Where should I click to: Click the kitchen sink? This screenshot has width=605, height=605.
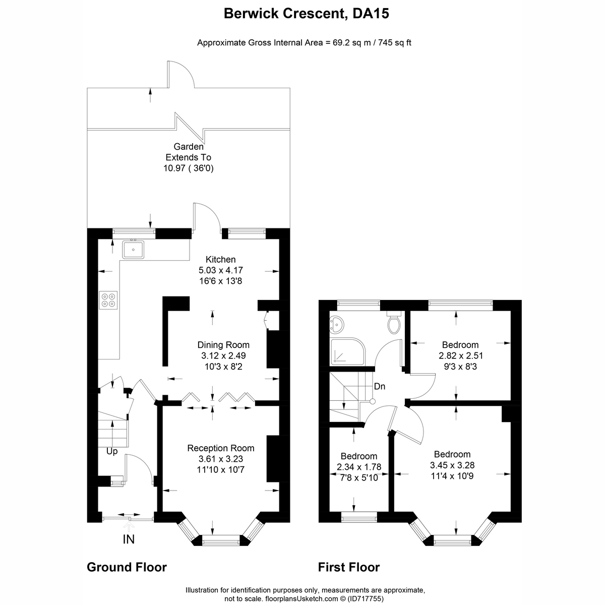133,250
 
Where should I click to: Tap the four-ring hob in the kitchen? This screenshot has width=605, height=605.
108,300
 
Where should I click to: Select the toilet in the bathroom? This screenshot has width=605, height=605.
394,322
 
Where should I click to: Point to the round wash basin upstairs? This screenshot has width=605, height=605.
337,324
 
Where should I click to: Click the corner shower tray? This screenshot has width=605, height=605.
348,351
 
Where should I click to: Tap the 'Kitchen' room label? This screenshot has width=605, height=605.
220,259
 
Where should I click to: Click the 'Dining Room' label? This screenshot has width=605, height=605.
223,345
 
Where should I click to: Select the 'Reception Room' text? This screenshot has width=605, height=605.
221,448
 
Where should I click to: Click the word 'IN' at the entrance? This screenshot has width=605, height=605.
129,539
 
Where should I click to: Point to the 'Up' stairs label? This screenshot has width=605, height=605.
112,451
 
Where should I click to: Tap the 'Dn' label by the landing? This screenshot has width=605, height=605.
380,387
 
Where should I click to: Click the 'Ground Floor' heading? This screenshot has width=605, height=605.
127,567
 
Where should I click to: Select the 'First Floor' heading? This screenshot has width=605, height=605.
349,567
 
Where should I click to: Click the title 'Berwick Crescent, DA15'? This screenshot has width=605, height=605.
307,14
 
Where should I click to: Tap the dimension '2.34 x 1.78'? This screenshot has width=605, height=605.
359,467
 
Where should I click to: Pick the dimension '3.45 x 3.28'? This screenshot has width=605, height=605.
452,465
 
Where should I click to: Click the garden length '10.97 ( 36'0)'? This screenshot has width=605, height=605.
189,168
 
